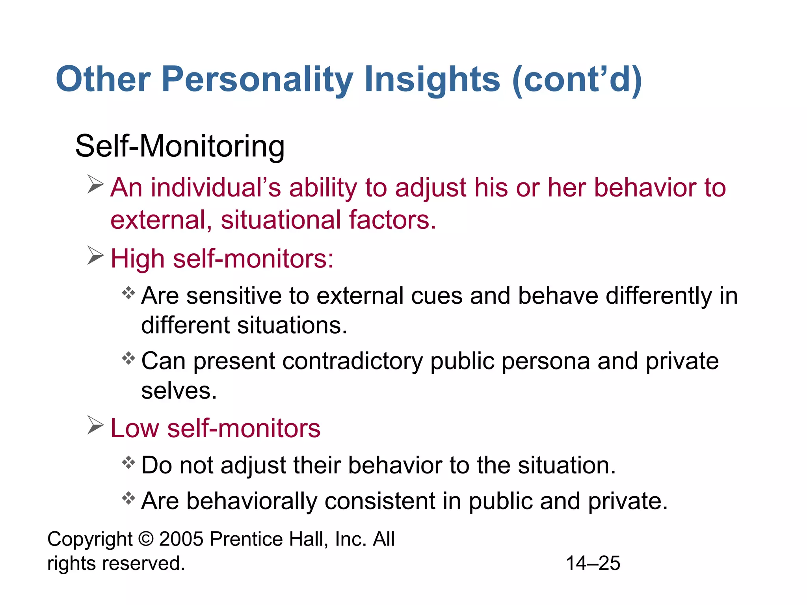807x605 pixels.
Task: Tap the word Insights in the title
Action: coord(432,80)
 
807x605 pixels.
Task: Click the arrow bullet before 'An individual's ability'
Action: coord(95,184)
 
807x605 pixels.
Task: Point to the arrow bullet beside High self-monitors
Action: coord(95,256)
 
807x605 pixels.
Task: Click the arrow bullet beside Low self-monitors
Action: coord(95,425)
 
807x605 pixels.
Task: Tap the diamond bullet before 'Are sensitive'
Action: coord(128,293)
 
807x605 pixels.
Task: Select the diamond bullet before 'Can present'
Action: coord(128,358)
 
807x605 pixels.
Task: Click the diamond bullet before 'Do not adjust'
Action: coord(128,462)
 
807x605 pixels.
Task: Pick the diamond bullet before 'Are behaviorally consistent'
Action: coord(128,499)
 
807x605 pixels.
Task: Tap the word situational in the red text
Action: coord(280,220)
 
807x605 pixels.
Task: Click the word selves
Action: coord(179,391)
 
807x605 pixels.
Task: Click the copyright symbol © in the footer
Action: coord(146,539)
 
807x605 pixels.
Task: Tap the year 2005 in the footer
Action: coord(181,539)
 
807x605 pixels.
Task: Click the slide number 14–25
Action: coord(593,563)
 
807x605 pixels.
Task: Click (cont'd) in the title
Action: coord(577,80)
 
